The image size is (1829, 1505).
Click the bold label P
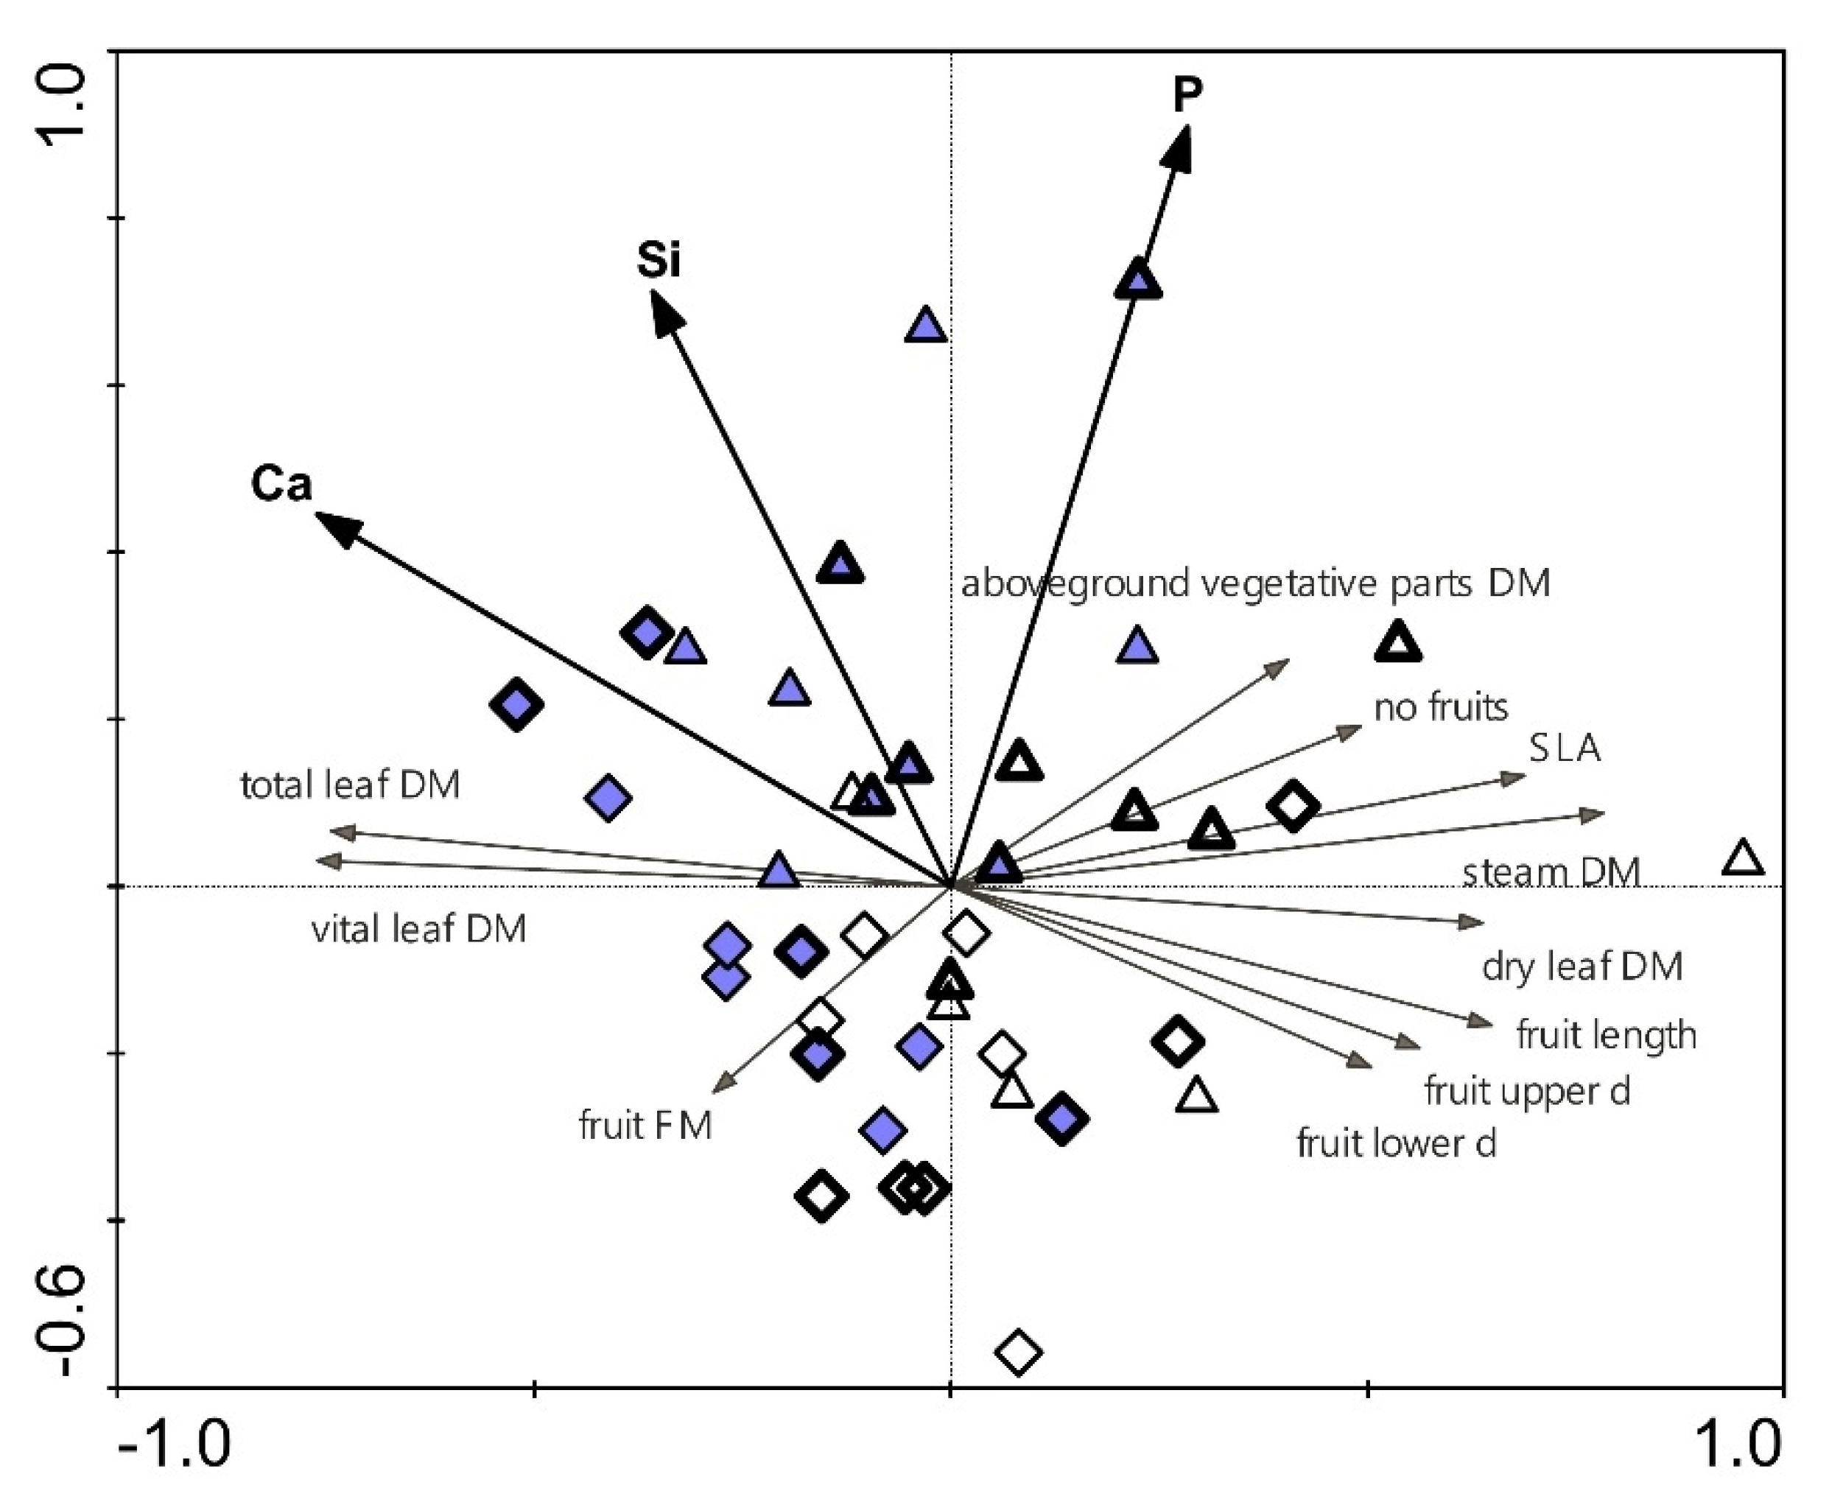pyautogui.click(x=1187, y=94)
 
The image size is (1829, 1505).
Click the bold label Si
pyautogui.click(x=658, y=259)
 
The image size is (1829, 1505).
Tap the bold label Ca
pyautogui.click(x=281, y=483)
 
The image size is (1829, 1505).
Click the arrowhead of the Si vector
pyautogui.click(x=665, y=312)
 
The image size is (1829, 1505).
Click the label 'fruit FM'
pyautogui.click(x=645, y=1126)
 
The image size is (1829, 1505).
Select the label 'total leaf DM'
pyautogui.click(x=349, y=785)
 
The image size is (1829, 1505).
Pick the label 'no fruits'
pyautogui.click(x=1441, y=707)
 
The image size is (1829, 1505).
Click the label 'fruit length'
pyautogui.click(x=1605, y=1035)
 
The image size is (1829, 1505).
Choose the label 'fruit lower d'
pyautogui.click(x=1396, y=1143)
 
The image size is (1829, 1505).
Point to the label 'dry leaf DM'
pyautogui.click(x=1582, y=966)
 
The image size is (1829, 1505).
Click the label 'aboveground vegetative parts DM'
pyautogui.click(x=1255, y=583)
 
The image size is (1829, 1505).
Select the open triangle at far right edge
pyautogui.click(x=1743, y=859)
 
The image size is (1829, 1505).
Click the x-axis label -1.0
pyautogui.click(x=173, y=1443)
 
